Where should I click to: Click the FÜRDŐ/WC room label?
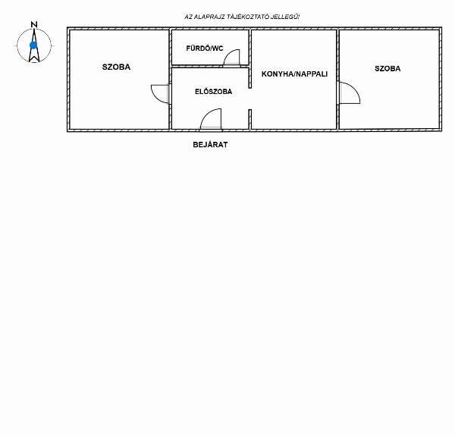click(x=205, y=49)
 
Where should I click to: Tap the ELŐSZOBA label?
click(x=213, y=92)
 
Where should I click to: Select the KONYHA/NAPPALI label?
click(x=294, y=74)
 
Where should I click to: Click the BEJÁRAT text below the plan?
click(x=210, y=145)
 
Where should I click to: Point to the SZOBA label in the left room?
click(x=116, y=67)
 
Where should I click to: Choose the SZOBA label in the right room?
click(x=388, y=68)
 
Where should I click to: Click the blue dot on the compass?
click(x=33, y=45)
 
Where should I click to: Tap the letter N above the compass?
click(x=34, y=24)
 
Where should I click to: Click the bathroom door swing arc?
click(x=227, y=54)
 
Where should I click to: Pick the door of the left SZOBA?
click(x=155, y=97)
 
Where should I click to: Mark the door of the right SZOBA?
click(x=356, y=89)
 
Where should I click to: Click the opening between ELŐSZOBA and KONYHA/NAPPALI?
click(x=249, y=99)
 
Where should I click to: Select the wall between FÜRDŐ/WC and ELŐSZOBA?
click(x=210, y=67)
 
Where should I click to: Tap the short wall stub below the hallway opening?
click(x=249, y=119)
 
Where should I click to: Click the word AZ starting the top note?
click(x=188, y=17)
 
